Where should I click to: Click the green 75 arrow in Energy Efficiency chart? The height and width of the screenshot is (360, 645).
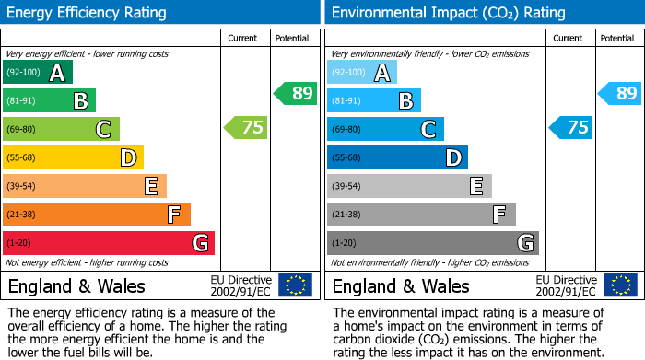246,128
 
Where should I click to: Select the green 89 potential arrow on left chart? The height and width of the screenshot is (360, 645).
296,93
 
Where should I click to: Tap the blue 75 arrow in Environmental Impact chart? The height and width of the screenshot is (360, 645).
570,128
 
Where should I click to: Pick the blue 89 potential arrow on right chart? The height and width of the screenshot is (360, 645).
620,93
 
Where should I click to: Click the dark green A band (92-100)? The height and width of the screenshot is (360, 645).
38,73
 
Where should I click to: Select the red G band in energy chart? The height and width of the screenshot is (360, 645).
108,243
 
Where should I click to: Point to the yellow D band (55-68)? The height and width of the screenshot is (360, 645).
73,158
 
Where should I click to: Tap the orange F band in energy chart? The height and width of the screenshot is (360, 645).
97,215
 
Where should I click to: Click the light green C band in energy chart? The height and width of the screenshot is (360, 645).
61,130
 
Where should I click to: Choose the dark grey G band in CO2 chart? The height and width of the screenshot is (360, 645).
432,243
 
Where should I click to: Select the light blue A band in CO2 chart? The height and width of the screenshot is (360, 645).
362,73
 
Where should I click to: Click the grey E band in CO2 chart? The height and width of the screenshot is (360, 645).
409,187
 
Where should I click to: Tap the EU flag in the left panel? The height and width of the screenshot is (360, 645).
295,285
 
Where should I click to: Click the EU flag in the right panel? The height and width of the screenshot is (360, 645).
619,285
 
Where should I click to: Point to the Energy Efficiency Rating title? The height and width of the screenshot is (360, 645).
88,13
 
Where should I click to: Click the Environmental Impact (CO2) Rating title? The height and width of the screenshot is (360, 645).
448,13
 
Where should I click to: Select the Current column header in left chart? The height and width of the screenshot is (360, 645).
243,38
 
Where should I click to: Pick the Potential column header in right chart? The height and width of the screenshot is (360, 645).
616,38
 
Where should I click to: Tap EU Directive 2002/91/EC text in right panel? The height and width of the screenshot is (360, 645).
566,285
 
